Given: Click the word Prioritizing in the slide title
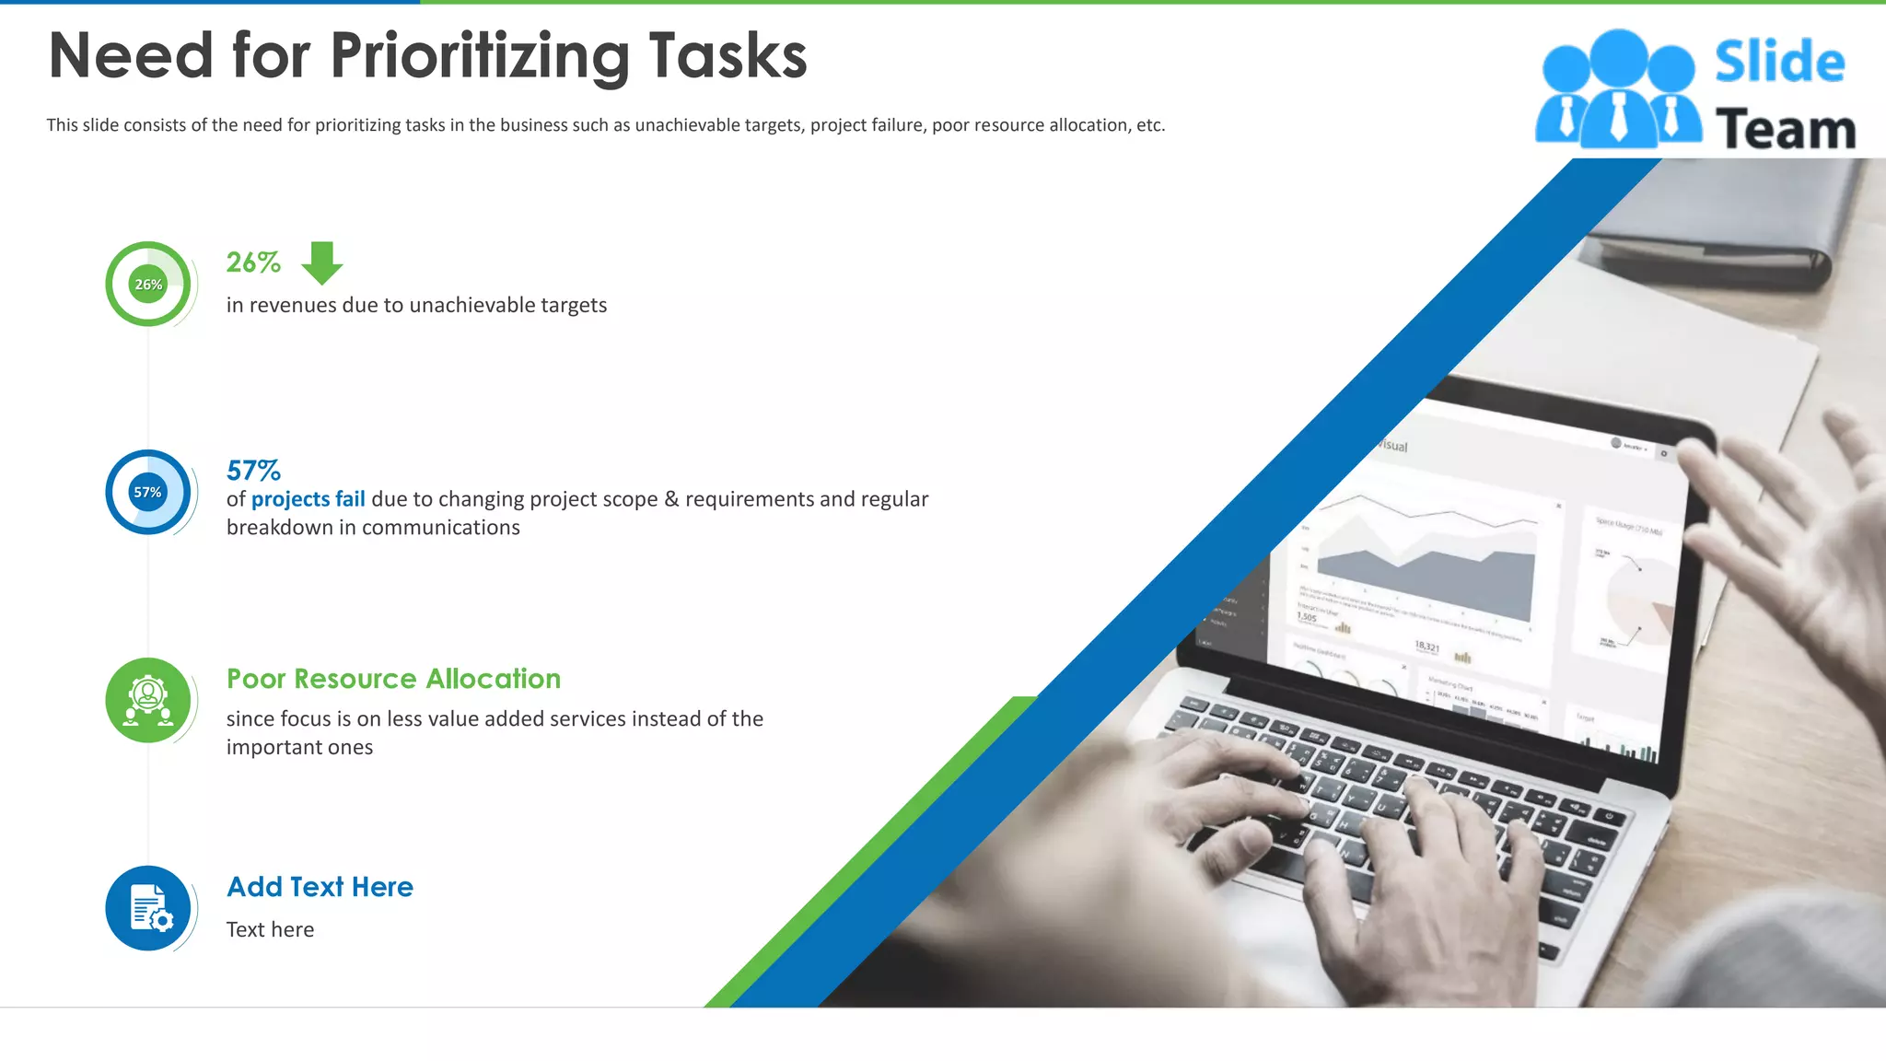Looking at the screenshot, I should click(479, 57).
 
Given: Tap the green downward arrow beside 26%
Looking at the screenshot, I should click(322, 263).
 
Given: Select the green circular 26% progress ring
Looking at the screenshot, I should click(147, 284).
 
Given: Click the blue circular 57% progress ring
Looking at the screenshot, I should click(147, 492).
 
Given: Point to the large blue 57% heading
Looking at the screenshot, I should click(253, 471).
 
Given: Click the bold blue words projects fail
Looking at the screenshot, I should click(308, 499).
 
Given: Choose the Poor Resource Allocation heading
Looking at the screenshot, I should click(393, 679).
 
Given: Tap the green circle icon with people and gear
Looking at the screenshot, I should click(147, 700).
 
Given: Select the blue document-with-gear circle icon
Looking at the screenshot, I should click(147, 908).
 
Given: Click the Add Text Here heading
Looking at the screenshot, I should click(320, 887).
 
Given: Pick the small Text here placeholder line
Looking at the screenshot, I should click(270, 930).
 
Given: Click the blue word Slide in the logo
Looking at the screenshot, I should click(1779, 63).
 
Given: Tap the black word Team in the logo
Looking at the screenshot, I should click(1785, 129).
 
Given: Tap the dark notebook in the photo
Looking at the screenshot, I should click(1731, 230).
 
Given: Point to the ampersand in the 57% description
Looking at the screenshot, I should click(671, 499).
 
